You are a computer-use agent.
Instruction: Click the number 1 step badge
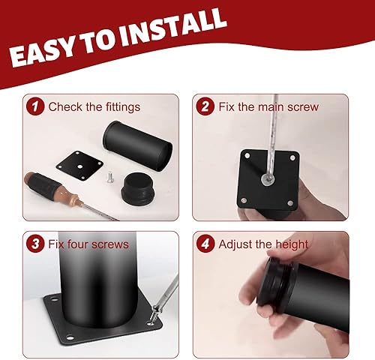click(x=35, y=106)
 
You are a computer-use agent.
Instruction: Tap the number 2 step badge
click(x=205, y=106)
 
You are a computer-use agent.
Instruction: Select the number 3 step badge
click(x=35, y=244)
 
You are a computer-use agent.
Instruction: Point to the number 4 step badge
click(x=205, y=244)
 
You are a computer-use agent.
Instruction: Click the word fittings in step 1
click(x=123, y=107)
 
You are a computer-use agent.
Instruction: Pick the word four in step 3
click(x=77, y=244)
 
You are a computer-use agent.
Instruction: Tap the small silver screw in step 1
click(x=110, y=177)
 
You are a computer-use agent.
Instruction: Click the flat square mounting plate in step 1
click(x=79, y=165)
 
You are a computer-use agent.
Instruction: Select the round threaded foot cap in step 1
click(x=138, y=188)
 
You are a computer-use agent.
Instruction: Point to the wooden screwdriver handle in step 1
click(x=51, y=187)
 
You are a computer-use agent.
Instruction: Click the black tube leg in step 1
click(x=137, y=145)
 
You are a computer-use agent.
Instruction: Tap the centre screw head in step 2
click(x=268, y=179)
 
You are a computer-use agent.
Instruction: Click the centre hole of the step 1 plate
click(x=79, y=166)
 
